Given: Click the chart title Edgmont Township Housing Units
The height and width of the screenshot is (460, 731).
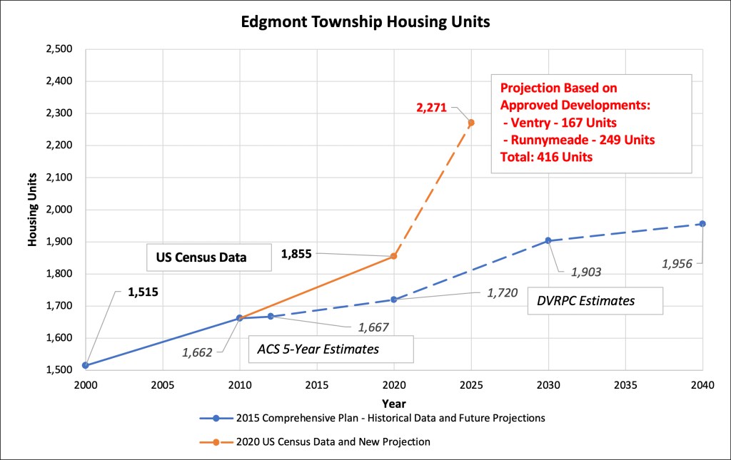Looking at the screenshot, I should click(364, 22).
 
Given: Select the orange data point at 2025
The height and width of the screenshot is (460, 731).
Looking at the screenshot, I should click(471, 123).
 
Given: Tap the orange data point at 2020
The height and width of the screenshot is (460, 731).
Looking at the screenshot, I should click(394, 255).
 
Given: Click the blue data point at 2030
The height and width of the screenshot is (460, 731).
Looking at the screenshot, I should click(548, 240).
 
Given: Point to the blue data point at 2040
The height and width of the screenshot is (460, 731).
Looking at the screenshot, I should click(702, 224).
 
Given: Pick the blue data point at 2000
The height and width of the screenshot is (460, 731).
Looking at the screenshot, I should click(86, 365).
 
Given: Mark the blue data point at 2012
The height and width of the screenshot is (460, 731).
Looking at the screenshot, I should click(271, 316).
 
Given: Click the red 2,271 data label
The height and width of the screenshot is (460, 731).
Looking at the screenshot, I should click(431, 108).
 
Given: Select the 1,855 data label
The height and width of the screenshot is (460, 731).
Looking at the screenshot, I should click(296, 253).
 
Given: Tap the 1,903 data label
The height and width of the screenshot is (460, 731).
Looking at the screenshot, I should click(586, 271).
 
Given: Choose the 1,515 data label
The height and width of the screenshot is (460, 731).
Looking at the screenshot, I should click(143, 291).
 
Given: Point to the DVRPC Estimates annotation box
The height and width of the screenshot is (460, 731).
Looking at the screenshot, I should click(595, 300).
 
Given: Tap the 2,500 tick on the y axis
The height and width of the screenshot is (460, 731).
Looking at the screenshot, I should click(59, 49).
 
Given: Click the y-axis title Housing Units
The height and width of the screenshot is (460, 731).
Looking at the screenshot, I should click(33, 210).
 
